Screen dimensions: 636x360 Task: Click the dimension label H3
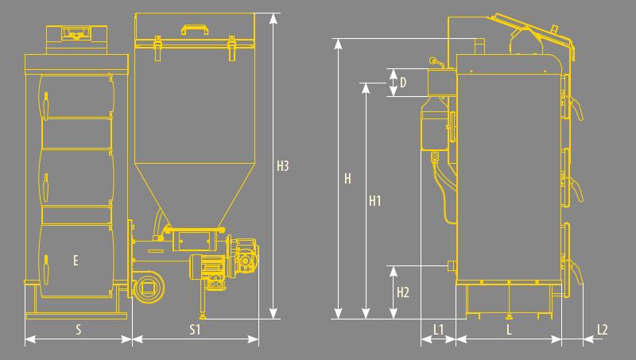283,166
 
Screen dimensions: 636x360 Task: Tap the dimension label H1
374,201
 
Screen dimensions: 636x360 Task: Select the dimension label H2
403,292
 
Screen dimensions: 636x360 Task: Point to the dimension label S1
195,330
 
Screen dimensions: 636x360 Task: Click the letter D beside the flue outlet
403,83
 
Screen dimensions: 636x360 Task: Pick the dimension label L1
439,330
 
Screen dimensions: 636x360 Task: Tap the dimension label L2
603,330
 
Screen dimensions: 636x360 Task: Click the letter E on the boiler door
76,261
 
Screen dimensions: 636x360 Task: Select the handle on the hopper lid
195,28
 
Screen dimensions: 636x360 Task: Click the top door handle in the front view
46,105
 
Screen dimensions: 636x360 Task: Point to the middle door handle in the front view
46,187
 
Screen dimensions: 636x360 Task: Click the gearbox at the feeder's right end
245,258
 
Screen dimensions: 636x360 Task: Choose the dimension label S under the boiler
78,330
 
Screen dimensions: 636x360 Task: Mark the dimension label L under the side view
509,330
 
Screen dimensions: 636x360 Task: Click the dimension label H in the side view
347,179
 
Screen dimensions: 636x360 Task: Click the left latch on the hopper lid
157,48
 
